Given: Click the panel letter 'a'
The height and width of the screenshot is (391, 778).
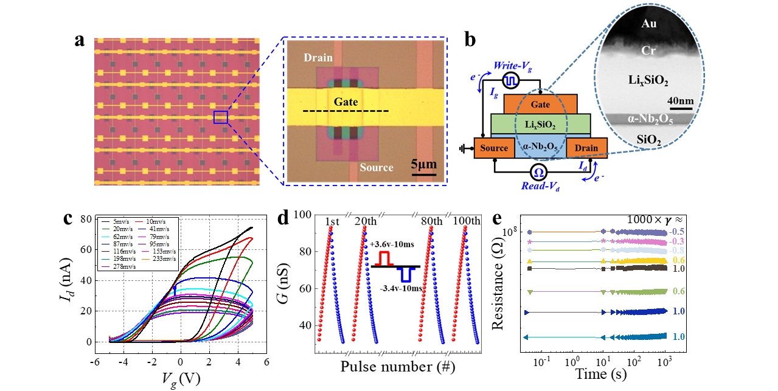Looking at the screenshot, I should tap(79, 41).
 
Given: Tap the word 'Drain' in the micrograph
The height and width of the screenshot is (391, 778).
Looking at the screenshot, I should tap(318, 58).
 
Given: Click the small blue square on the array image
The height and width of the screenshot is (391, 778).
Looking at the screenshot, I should tap(221, 117).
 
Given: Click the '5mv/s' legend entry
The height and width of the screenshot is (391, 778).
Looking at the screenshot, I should tap(122, 221).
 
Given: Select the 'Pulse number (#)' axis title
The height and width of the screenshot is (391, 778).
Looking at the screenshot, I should tap(398, 367).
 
